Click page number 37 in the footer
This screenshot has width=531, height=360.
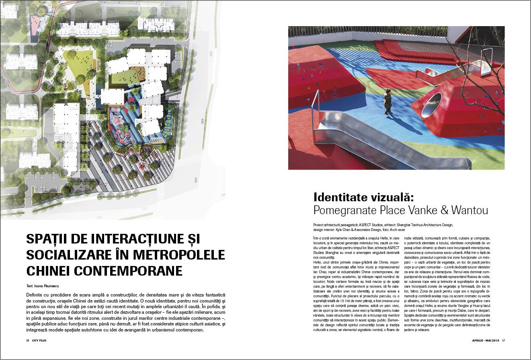point(503,341)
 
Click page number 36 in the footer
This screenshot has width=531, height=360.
point(28,341)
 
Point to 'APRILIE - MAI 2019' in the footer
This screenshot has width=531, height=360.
point(486,341)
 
